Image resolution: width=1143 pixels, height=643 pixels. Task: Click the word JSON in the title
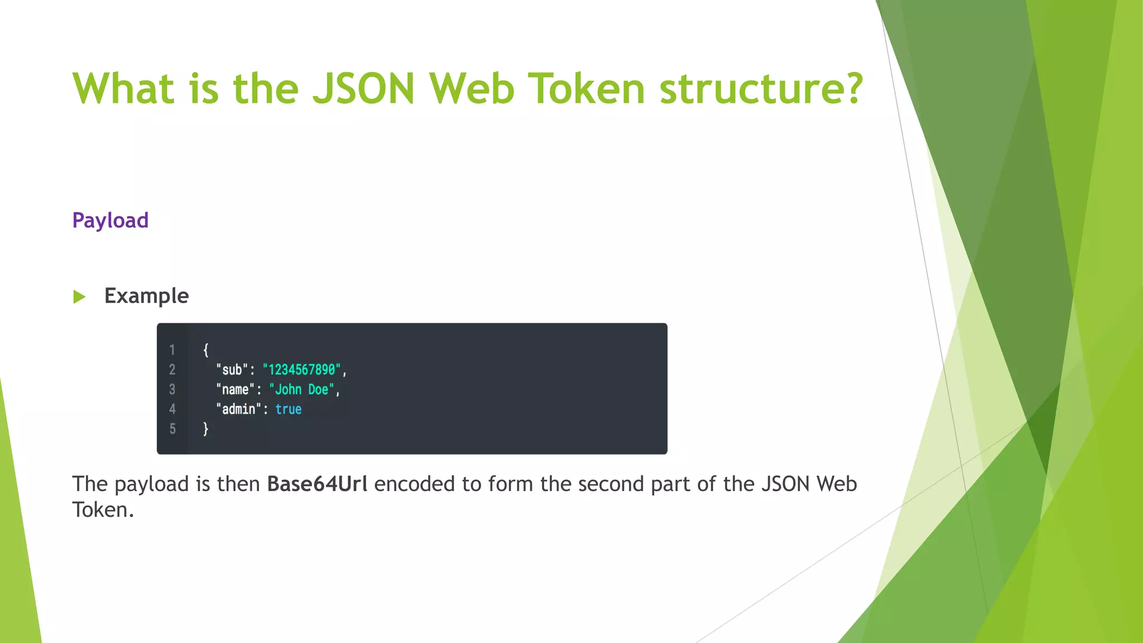click(363, 89)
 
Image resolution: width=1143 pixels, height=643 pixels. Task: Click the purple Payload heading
click(111, 220)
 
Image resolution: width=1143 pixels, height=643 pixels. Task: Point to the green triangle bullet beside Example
click(79, 296)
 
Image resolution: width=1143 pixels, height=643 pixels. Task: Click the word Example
click(146, 296)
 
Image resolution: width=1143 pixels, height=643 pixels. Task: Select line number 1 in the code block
click(172, 350)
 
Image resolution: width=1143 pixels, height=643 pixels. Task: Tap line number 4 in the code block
click(172, 409)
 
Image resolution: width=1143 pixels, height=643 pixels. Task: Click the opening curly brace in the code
click(206, 350)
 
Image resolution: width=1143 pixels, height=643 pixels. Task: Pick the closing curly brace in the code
click(206, 429)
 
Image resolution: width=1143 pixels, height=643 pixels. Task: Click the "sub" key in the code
click(232, 370)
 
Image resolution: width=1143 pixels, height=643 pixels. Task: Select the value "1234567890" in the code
click(301, 370)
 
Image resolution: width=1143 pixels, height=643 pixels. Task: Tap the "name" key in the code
click(235, 390)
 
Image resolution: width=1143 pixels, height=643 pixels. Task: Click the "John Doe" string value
click(301, 390)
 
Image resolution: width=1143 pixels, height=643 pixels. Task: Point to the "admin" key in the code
click(238, 409)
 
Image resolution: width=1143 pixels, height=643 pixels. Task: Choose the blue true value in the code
click(288, 409)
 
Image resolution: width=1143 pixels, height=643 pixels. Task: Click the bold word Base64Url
click(317, 484)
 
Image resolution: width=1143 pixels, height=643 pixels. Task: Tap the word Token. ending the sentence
click(103, 510)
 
